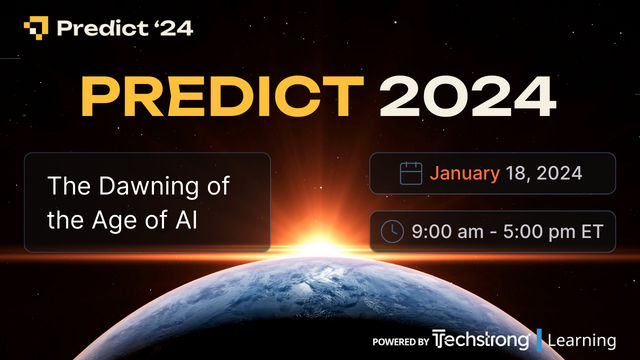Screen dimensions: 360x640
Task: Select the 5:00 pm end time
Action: coord(535,231)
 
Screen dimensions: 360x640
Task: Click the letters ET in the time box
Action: coord(593,231)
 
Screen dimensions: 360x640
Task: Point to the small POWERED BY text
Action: coord(401,342)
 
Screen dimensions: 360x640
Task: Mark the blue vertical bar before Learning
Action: coord(540,341)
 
